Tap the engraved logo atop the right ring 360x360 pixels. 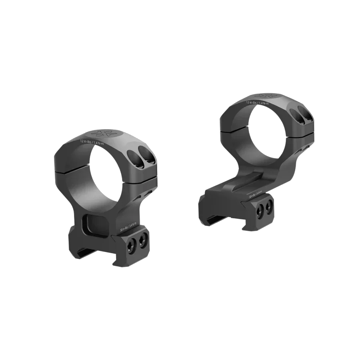(266, 96)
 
